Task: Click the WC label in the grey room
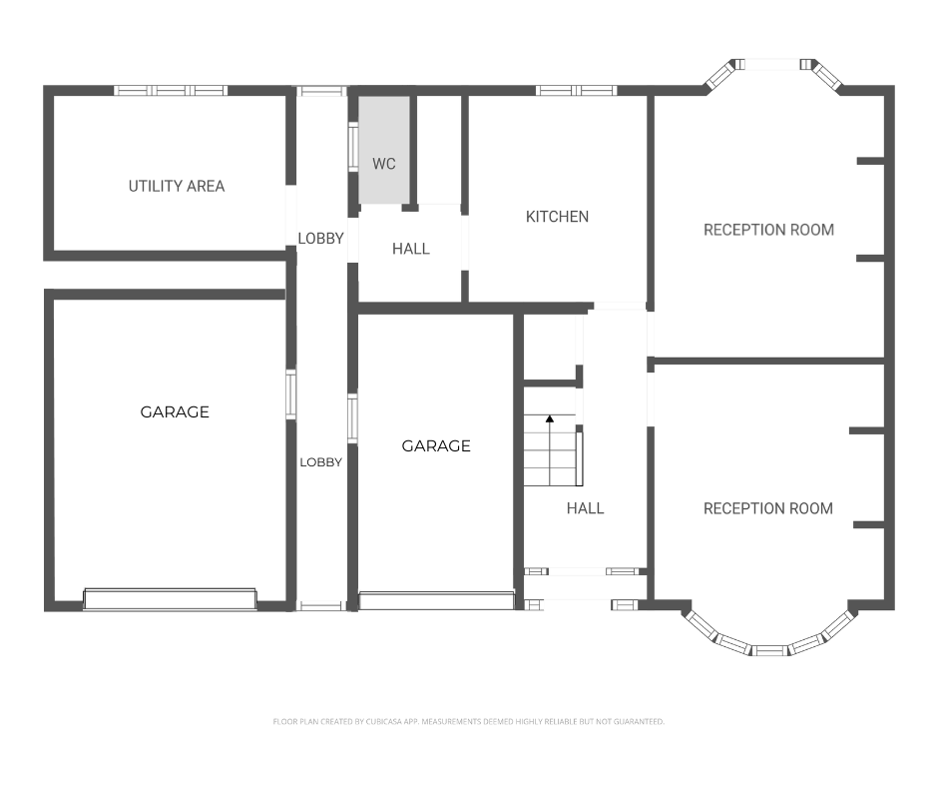point(383,164)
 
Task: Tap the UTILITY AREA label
point(177,187)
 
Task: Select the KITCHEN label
point(557,216)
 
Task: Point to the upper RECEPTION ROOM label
point(768,230)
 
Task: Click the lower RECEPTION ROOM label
point(768,508)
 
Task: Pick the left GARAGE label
point(175,412)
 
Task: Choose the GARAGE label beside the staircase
point(436,445)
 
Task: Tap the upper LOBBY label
point(320,239)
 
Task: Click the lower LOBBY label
point(320,462)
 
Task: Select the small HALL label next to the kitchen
point(411,249)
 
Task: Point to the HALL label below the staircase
point(585,508)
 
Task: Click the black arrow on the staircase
point(550,418)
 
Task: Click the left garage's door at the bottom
point(171,599)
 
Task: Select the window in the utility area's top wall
point(171,91)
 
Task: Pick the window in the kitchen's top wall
point(576,91)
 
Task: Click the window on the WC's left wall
point(353,146)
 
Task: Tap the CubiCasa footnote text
point(468,722)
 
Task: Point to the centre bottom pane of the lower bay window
point(770,651)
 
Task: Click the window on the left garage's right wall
point(290,394)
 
